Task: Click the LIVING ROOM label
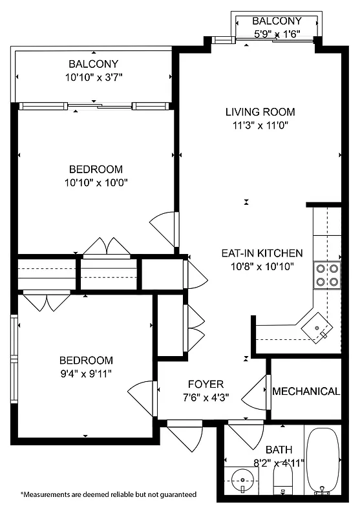pos(260,112)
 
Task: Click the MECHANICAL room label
pos(306,392)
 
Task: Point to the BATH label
pos(279,449)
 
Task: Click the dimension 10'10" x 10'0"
pos(96,182)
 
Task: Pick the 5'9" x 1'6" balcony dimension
pos(277,34)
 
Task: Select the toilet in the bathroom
pos(283,481)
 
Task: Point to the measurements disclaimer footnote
pos(109,494)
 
